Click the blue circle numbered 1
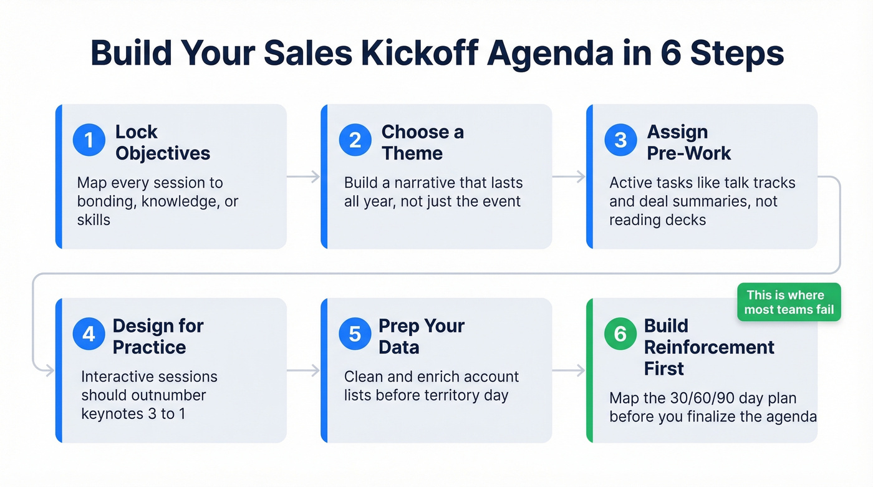(89, 140)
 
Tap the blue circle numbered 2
(355, 140)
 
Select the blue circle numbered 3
(620, 140)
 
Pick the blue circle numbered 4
(89, 334)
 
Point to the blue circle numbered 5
(355, 334)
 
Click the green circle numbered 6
(620, 334)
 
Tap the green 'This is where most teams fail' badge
(789, 302)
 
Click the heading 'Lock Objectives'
(162, 142)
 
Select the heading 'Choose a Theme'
(422, 142)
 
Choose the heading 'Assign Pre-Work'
(688, 142)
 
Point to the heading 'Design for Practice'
(158, 336)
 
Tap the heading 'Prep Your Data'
(422, 336)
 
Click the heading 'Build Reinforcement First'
(709, 347)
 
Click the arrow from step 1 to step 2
(303, 177)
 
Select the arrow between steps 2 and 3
(569, 177)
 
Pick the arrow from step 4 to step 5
(303, 371)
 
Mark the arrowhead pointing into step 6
(581, 371)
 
